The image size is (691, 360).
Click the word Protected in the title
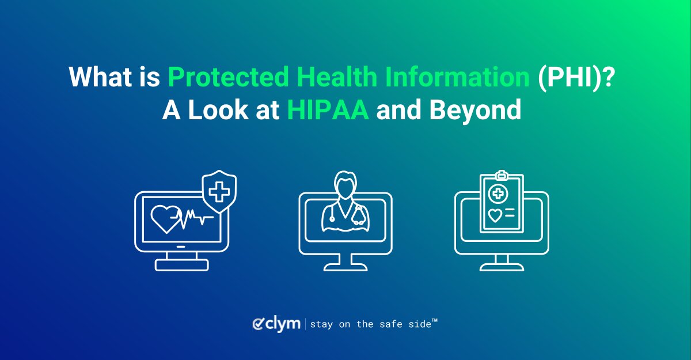pos(217,77)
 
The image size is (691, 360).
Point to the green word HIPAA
pos(328,109)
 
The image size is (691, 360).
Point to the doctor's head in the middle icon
pos(345,186)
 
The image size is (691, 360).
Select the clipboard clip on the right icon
pos(502,174)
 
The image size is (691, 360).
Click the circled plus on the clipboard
pos(497,194)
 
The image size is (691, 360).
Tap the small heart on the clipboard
pos(495,215)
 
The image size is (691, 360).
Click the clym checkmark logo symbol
pos(259,324)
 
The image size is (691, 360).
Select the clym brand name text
pos(283,324)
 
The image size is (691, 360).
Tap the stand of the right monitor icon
pos(502,263)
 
